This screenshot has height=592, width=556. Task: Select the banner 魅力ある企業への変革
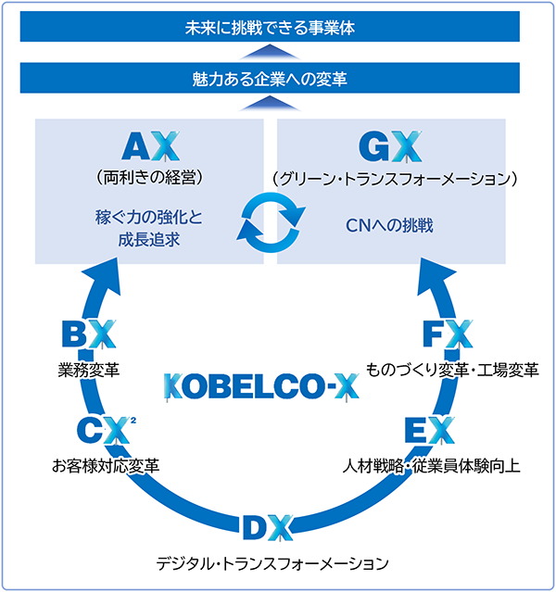tap(277, 79)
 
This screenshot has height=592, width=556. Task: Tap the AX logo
tap(148, 146)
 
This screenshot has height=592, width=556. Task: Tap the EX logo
tap(429, 430)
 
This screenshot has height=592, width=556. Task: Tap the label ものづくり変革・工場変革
tap(453, 370)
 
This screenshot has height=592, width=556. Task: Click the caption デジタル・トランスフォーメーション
tap(271, 562)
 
